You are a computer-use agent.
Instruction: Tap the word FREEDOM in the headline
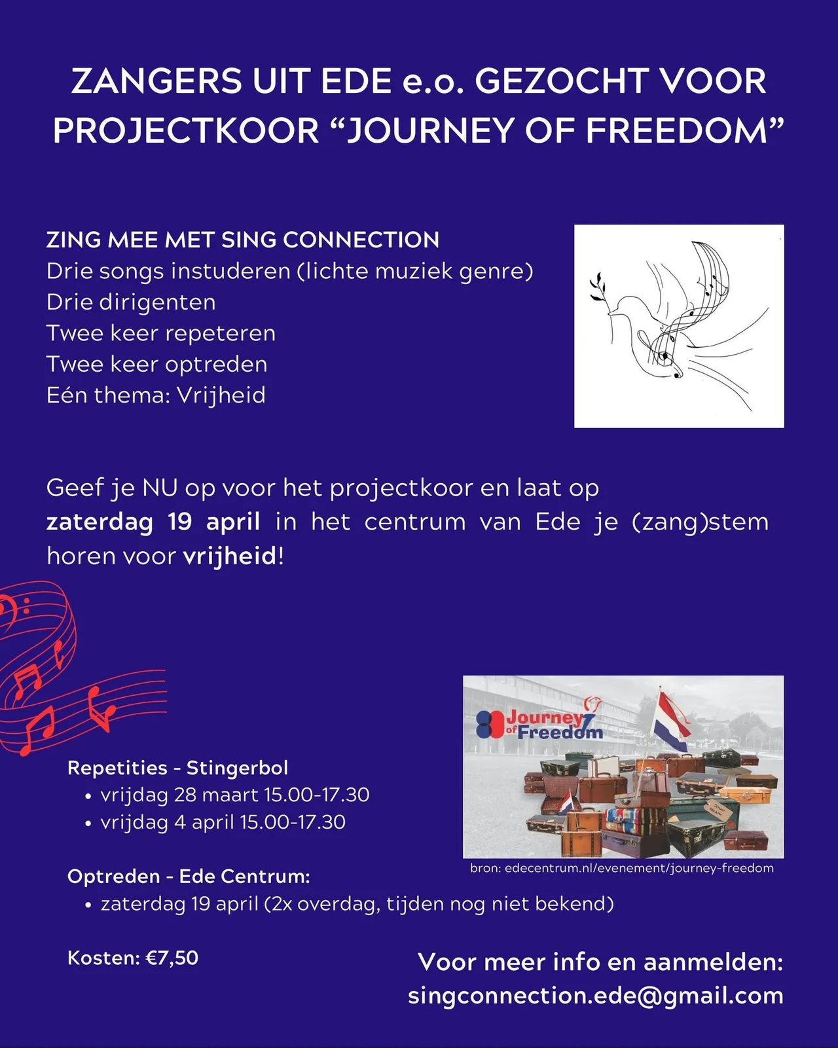676,130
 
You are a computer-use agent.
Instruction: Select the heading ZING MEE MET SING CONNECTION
243,240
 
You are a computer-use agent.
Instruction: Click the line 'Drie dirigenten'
131,302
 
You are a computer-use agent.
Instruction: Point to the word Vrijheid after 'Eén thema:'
222,395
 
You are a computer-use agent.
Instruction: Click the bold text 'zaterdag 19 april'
153,522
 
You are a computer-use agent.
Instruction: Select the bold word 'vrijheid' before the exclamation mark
230,556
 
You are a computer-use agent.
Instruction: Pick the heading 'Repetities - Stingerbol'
178,768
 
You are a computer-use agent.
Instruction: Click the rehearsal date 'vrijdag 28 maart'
179,795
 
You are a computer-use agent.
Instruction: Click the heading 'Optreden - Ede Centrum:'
189,876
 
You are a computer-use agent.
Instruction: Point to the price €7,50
172,958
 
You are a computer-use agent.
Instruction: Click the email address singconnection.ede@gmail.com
595,996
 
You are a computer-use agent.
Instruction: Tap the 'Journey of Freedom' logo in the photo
540,723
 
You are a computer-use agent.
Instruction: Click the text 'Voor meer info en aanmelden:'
600,962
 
